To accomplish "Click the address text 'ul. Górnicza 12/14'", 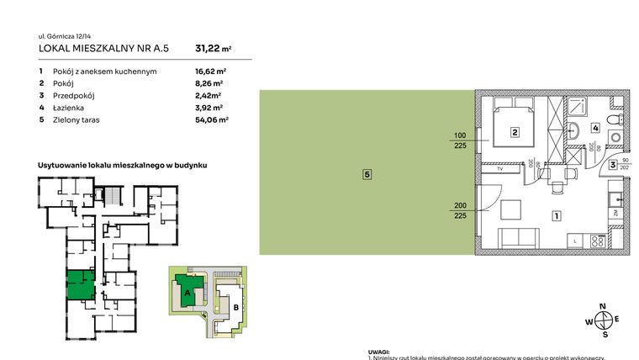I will coord(67,36).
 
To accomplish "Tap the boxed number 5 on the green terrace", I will coord(367,174).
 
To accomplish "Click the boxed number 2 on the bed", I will coord(514,131).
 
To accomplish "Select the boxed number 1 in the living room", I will coord(556,215).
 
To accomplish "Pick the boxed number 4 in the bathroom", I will coord(595,128).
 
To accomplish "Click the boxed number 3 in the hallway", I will coord(614,165).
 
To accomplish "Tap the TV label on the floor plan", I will coord(499,170).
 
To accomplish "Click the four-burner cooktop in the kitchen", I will coord(599,241).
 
